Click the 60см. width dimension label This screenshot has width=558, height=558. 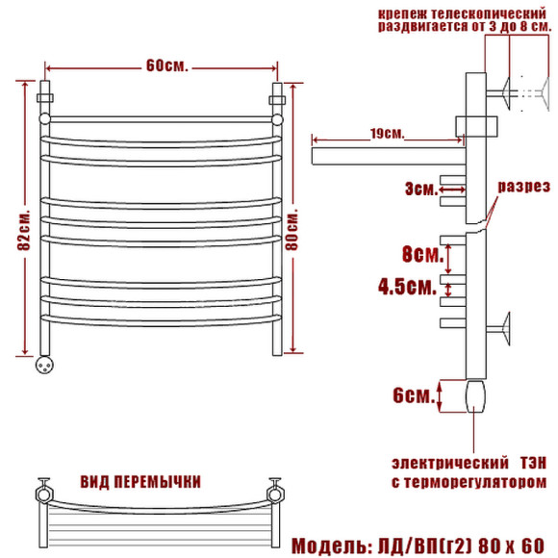166,65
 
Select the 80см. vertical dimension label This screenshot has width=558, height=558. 292,232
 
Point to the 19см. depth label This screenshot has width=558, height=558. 387,134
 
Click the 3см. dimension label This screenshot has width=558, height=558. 421,189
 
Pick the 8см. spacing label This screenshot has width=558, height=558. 422,254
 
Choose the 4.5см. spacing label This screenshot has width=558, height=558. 407,287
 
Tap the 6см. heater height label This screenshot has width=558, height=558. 414,395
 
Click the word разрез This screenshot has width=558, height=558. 523,187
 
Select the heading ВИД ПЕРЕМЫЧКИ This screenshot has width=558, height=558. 140,482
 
